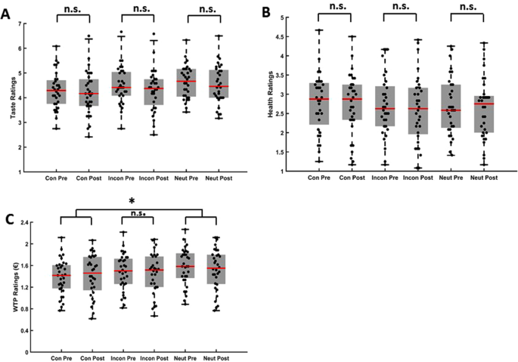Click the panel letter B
click(x=265, y=12)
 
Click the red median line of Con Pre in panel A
click(x=56, y=91)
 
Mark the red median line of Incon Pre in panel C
click(x=124, y=271)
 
